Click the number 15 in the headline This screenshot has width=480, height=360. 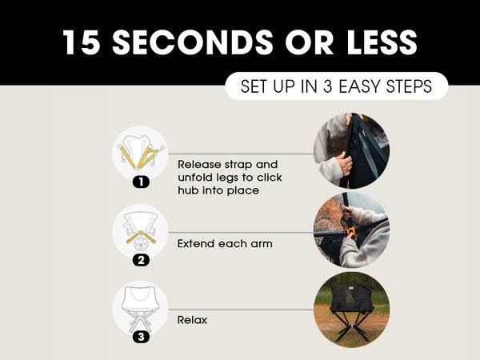(82, 42)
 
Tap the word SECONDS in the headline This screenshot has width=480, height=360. (192, 42)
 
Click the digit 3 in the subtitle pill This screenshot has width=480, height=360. (327, 86)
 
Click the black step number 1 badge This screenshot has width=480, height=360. (141, 182)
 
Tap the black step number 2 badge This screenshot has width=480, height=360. (141, 260)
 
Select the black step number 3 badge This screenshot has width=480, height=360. (141, 337)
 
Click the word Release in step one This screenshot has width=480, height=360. (199, 164)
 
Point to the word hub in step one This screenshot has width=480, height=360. (188, 190)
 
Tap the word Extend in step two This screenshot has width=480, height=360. (194, 244)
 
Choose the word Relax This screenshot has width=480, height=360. (192, 320)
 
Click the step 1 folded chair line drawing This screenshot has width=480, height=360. (141, 152)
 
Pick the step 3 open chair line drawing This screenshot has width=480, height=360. (141, 309)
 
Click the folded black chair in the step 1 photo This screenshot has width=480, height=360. (364, 151)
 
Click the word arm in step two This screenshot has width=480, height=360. (262, 244)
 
